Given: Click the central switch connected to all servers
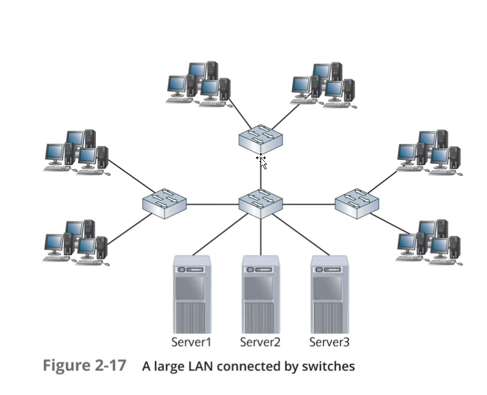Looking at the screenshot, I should pos(261,203).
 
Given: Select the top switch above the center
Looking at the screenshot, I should pos(261,139).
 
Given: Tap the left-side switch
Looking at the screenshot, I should pos(164,203).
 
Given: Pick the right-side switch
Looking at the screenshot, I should pos(357,203).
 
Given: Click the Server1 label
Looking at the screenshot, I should pos(191,342).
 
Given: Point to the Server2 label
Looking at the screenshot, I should pos(260,342).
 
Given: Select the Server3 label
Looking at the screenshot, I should pos(329,342).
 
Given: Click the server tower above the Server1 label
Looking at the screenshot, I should pos(192,294).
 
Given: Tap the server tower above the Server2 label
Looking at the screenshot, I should pos(261,294).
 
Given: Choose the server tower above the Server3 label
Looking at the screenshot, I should pos(329,294).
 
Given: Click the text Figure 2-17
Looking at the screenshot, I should pos(85,366).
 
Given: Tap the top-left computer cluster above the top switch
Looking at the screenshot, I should pos(198,83).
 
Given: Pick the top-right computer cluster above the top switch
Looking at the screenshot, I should pos(324,83).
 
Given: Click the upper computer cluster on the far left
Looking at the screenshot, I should pos(76,150).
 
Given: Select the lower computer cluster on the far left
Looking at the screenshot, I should pos(76,242).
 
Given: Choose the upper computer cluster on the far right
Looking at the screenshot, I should pos(429,152).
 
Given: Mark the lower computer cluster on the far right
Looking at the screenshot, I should pos(429,242).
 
